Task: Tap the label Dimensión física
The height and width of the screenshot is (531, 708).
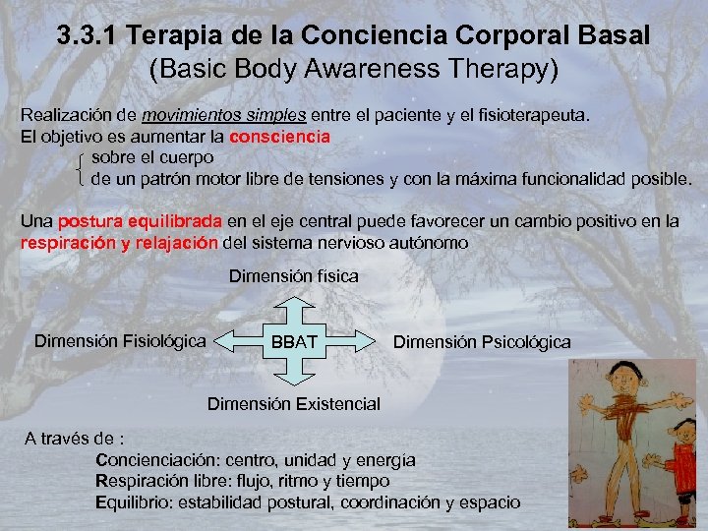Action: [x=294, y=277]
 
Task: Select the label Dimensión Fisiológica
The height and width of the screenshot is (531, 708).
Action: [x=120, y=341]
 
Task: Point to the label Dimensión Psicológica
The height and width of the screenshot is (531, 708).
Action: [x=481, y=342]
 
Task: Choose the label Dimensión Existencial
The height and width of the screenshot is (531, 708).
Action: [x=293, y=404]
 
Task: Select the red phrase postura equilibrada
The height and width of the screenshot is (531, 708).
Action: [x=142, y=221]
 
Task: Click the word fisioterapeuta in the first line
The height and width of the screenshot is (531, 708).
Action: [x=530, y=115]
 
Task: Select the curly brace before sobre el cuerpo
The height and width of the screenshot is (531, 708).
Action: [x=80, y=168]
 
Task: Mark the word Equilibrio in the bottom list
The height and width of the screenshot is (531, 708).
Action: [x=134, y=501]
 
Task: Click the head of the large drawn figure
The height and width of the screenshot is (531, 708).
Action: [x=622, y=378]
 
